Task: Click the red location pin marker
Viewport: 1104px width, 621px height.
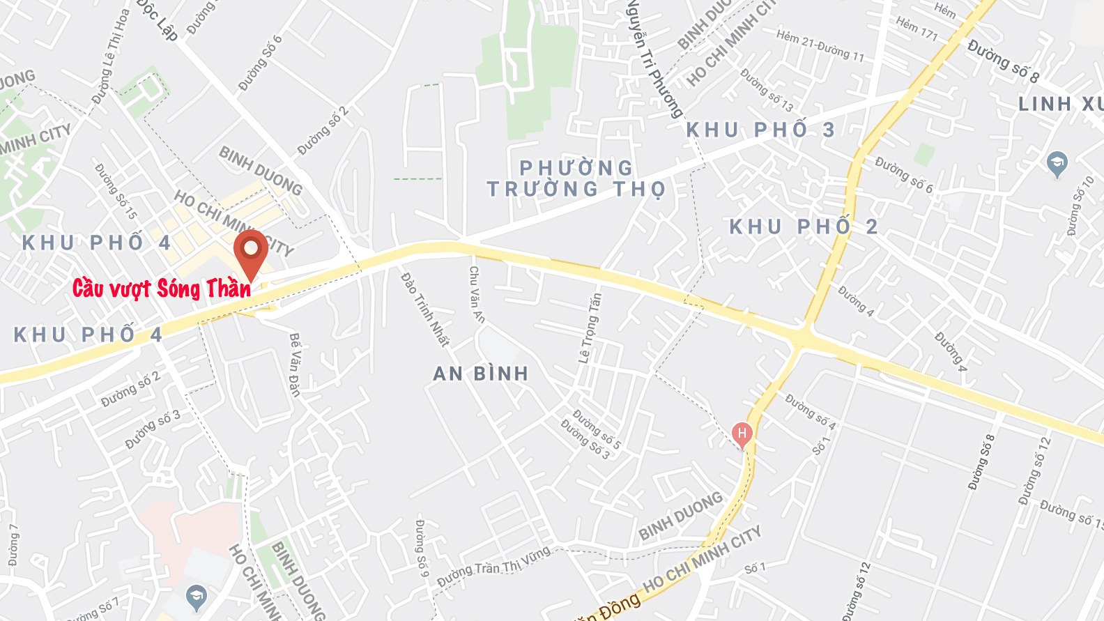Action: (250, 251)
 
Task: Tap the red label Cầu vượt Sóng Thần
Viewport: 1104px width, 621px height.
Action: (162, 288)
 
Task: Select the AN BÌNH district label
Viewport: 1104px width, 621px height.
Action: (481, 374)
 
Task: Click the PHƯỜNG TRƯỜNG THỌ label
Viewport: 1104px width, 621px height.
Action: (576, 178)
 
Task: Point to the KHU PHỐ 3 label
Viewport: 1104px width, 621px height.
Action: (760, 130)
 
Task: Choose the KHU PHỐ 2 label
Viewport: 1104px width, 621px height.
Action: (803, 227)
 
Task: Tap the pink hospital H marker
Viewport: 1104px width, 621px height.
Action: (742, 434)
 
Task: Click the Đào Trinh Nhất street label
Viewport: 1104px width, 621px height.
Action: (424, 309)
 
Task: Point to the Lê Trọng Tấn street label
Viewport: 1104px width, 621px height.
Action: (590, 328)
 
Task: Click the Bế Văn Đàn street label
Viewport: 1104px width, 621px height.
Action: (295, 365)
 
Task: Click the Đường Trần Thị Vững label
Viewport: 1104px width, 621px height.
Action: (493, 567)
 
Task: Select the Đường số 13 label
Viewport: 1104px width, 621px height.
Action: (767, 90)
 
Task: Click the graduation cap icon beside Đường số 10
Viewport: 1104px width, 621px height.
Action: (1057, 164)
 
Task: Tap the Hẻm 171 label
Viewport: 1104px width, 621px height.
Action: (917, 29)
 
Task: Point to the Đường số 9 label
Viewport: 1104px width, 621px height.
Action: (420, 548)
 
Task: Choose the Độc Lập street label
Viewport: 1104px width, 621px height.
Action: (158, 19)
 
